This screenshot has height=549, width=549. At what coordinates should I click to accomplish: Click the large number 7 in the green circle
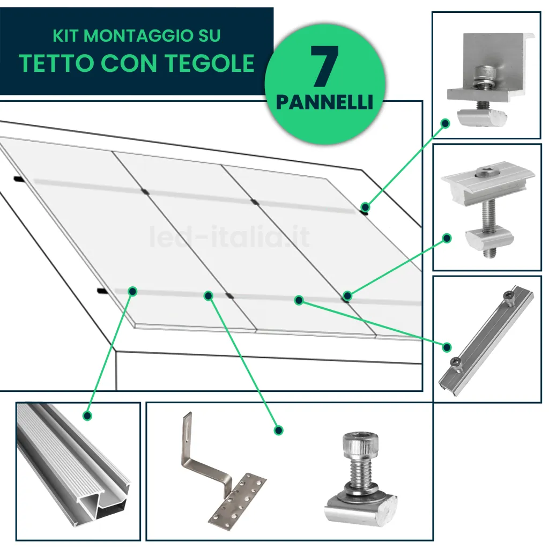pos(324,67)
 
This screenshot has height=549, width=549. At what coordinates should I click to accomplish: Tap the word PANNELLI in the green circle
pos(324,102)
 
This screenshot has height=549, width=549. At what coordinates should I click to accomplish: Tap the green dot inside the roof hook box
pos(278,430)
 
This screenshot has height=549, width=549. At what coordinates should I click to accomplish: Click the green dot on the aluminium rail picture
pos(87,415)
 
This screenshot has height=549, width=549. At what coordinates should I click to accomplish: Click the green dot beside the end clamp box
pos(444,123)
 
